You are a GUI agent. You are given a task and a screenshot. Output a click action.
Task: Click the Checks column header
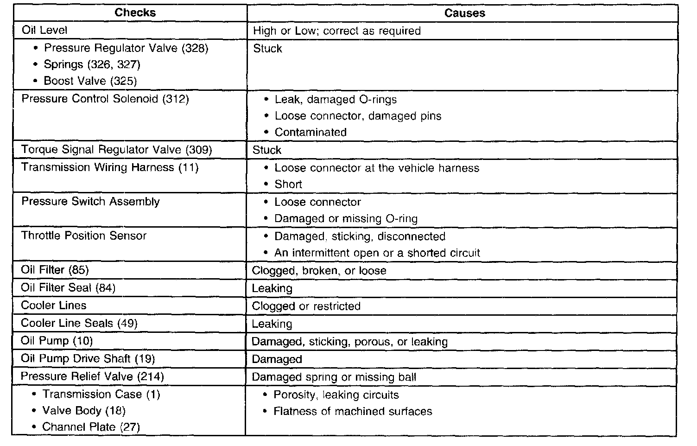tap(135, 13)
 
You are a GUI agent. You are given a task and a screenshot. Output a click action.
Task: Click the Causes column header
tap(464, 13)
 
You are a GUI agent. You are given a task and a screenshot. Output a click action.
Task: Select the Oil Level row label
tap(44, 31)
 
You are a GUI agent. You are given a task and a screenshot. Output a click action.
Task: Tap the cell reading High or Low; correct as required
tap(337, 31)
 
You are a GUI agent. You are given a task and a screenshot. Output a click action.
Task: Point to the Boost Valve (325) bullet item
tap(90, 81)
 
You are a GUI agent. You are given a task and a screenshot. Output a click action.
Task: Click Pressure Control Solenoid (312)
tap(105, 99)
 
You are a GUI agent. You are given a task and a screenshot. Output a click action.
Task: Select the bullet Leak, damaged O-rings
tap(336, 100)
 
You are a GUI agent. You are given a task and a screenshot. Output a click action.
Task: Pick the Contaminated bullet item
tap(310, 133)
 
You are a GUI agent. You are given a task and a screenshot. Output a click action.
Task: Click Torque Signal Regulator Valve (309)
tap(116, 150)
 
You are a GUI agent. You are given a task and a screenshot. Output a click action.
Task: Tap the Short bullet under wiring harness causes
tap(288, 185)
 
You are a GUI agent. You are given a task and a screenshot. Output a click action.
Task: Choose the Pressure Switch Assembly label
tap(90, 202)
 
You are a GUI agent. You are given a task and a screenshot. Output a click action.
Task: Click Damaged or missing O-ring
tap(346, 219)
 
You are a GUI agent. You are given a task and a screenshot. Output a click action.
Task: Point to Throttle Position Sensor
tap(84, 236)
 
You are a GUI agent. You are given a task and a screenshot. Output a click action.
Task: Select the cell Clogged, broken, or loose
tap(319, 271)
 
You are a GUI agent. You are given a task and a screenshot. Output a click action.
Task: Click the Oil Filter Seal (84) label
tap(68, 288)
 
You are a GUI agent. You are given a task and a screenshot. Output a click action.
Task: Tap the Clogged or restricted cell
tap(306, 306)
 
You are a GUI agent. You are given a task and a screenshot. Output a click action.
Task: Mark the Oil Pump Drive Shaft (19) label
tap(88, 359)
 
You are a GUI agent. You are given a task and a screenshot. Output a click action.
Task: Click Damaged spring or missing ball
tap(334, 377)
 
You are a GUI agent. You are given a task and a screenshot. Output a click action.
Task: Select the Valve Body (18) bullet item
tap(84, 411)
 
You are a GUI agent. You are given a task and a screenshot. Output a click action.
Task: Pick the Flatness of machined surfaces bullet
tap(353, 412)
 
